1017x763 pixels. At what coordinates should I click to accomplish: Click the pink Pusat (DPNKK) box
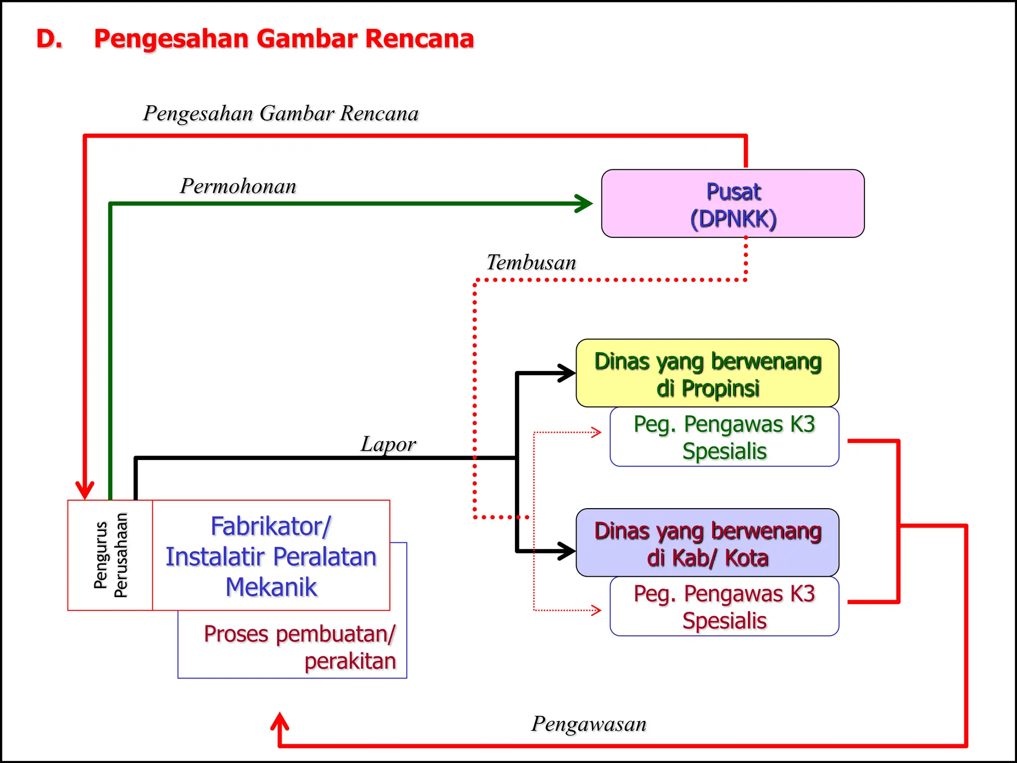click(x=732, y=204)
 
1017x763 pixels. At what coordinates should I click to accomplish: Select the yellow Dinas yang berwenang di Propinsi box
click(x=707, y=374)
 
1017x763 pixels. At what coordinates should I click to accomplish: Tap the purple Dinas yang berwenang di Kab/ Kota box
click(x=707, y=543)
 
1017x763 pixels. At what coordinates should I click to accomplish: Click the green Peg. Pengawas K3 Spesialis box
click(x=724, y=437)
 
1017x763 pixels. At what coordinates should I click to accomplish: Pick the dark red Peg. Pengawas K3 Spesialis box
click(x=724, y=607)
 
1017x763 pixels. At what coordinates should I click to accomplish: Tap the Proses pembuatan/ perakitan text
click(x=300, y=647)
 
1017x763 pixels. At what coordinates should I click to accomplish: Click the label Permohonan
click(x=238, y=186)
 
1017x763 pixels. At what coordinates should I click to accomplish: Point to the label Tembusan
click(x=531, y=262)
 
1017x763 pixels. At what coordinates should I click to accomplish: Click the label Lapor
click(x=388, y=444)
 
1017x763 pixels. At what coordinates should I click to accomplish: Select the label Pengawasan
click(x=589, y=724)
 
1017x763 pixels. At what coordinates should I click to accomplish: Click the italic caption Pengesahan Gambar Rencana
click(x=281, y=113)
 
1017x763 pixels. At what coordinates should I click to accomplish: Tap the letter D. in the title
click(x=49, y=39)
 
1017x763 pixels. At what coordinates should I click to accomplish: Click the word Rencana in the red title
click(x=420, y=39)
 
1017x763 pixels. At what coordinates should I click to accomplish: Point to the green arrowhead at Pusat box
click(x=584, y=204)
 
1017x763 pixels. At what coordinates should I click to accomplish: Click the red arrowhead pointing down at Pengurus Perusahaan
click(x=85, y=489)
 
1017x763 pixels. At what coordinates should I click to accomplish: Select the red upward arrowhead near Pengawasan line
click(x=280, y=721)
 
